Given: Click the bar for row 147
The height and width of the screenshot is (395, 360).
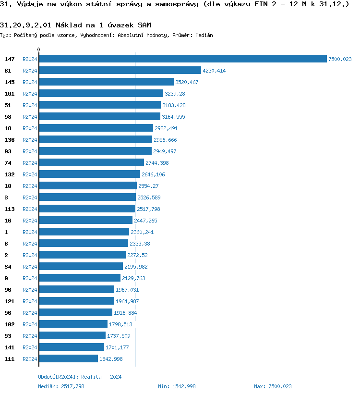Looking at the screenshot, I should [182, 59].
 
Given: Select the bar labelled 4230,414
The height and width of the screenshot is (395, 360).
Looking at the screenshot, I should [120, 70].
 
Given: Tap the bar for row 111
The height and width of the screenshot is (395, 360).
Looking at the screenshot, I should [68, 358].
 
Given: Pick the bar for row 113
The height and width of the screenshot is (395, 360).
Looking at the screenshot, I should [87, 209].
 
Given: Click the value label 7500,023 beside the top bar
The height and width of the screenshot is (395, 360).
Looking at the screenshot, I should [340, 59].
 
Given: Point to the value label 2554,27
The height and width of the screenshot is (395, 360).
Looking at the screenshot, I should [148, 186].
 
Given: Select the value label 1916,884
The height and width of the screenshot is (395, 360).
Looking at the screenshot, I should [125, 313].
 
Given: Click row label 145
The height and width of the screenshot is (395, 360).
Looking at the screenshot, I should [9, 82].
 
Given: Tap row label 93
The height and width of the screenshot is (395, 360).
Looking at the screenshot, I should [8, 151].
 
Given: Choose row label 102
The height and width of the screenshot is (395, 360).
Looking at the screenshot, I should [9, 324].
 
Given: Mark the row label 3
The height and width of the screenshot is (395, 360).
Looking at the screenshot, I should [6, 197].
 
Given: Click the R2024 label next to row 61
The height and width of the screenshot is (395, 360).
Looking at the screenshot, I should [30, 71].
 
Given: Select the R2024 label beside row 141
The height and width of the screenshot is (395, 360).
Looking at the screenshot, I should [30, 347].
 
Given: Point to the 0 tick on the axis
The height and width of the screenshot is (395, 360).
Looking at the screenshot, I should [39, 49].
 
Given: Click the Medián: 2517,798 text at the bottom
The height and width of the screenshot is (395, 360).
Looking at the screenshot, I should [61, 386].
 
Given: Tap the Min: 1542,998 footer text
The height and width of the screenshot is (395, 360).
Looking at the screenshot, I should [177, 386].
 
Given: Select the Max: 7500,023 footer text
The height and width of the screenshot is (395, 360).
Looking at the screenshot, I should [273, 386].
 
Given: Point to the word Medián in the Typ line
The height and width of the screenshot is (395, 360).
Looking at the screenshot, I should [204, 35].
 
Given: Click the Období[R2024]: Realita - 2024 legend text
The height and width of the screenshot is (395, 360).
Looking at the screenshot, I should [80, 377].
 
